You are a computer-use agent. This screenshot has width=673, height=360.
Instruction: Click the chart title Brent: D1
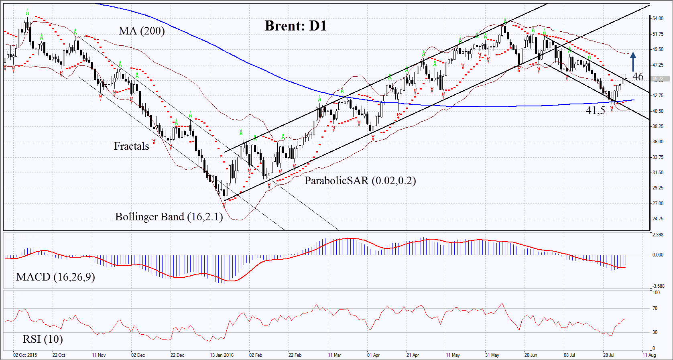[x=296, y=26]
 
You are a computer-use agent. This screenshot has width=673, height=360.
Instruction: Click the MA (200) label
[x=142, y=31]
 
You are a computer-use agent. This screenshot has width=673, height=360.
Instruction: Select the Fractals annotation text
[x=131, y=146]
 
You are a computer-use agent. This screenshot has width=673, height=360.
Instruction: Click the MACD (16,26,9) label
[x=55, y=277]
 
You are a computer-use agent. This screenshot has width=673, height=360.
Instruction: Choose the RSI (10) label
[x=43, y=339]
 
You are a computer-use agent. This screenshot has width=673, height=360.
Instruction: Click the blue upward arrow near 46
[x=633, y=62]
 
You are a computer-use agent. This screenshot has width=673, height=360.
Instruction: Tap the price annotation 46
[x=638, y=77]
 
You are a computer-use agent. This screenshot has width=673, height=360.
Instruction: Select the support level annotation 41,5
[x=595, y=110]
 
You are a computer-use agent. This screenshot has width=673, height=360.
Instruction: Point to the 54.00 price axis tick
[x=658, y=18]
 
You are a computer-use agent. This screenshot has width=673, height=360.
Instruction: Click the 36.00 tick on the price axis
[x=658, y=142]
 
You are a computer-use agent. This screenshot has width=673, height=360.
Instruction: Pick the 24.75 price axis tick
[x=658, y=219]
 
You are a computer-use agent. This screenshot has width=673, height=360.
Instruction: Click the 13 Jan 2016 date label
[x=222, y=355]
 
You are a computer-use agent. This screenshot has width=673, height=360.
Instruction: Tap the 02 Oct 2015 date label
[x=25, y=355]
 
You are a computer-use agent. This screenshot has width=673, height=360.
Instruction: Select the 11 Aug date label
[x=649, y=355]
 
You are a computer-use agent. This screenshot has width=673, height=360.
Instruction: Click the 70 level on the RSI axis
[x=655, y=308]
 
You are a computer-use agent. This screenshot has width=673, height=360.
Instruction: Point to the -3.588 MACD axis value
[x=658, y=286]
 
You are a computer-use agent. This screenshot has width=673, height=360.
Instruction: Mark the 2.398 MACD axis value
[x=658, y=235]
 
